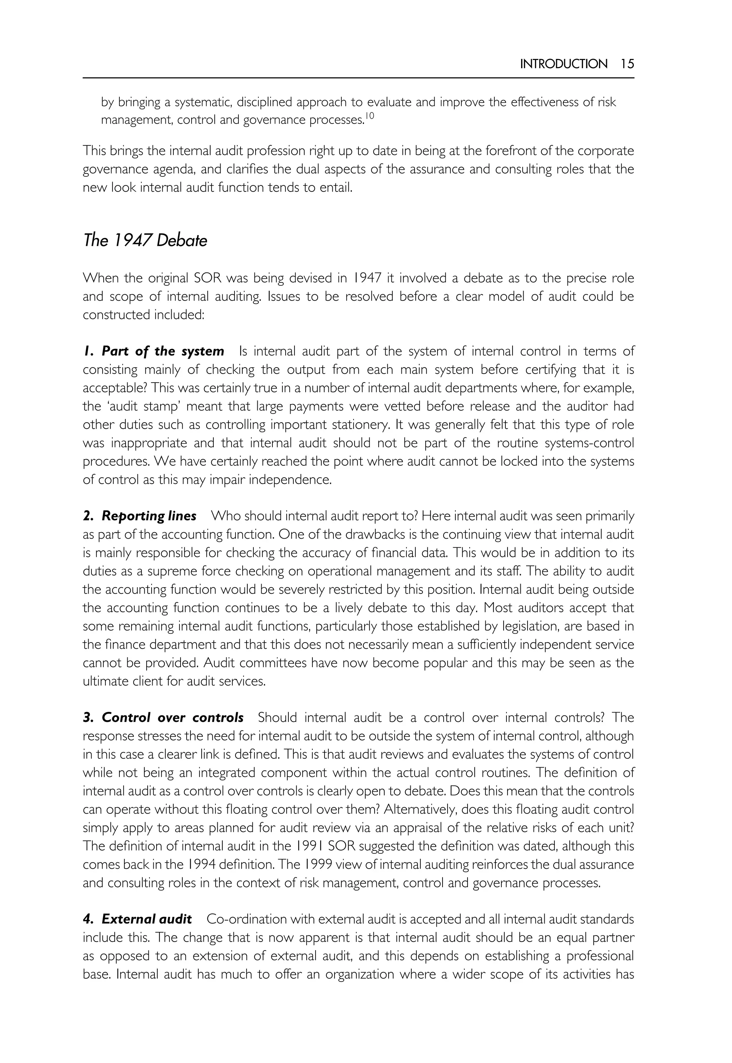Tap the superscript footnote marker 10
tap(369, 116)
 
